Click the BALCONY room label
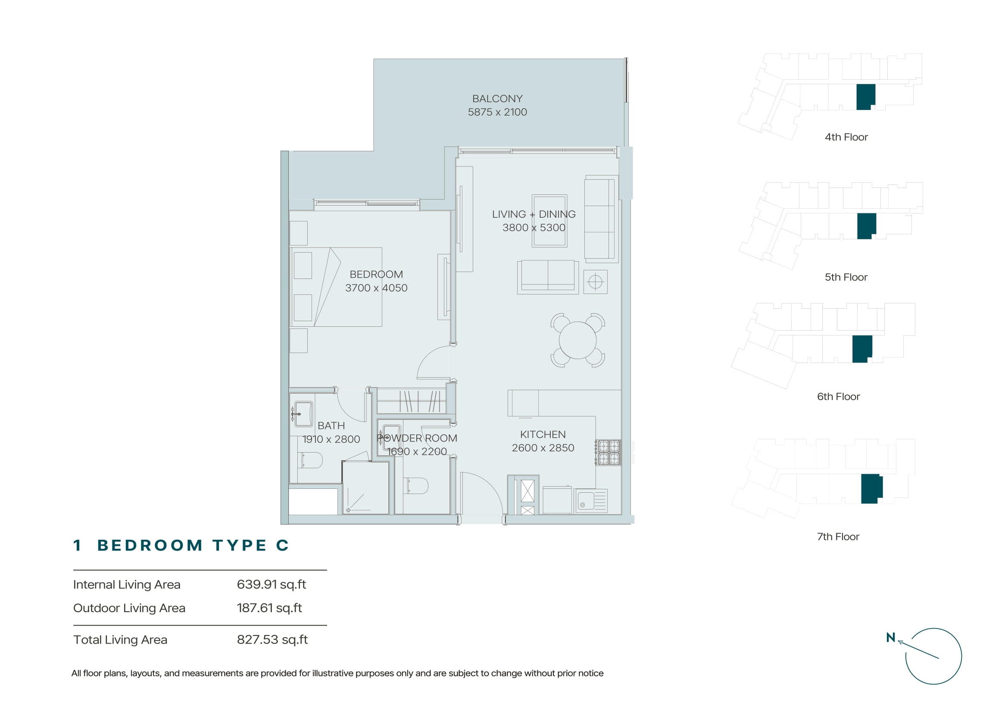point(497,99)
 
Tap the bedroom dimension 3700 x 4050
point(376,288)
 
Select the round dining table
point(578,340)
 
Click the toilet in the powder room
point(415,485)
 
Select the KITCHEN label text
point(543,435)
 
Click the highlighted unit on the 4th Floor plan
point(866,97)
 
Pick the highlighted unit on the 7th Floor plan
point(871,489)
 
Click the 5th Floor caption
point(846,277)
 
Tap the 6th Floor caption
point(839,397)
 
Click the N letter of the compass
point(890,637)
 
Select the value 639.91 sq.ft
point(272,585)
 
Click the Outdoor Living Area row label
point(129,608)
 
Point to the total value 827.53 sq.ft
point(272,640)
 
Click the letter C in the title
point(282,545)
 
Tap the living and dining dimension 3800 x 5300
point(534,228)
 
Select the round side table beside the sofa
point(595,282)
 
